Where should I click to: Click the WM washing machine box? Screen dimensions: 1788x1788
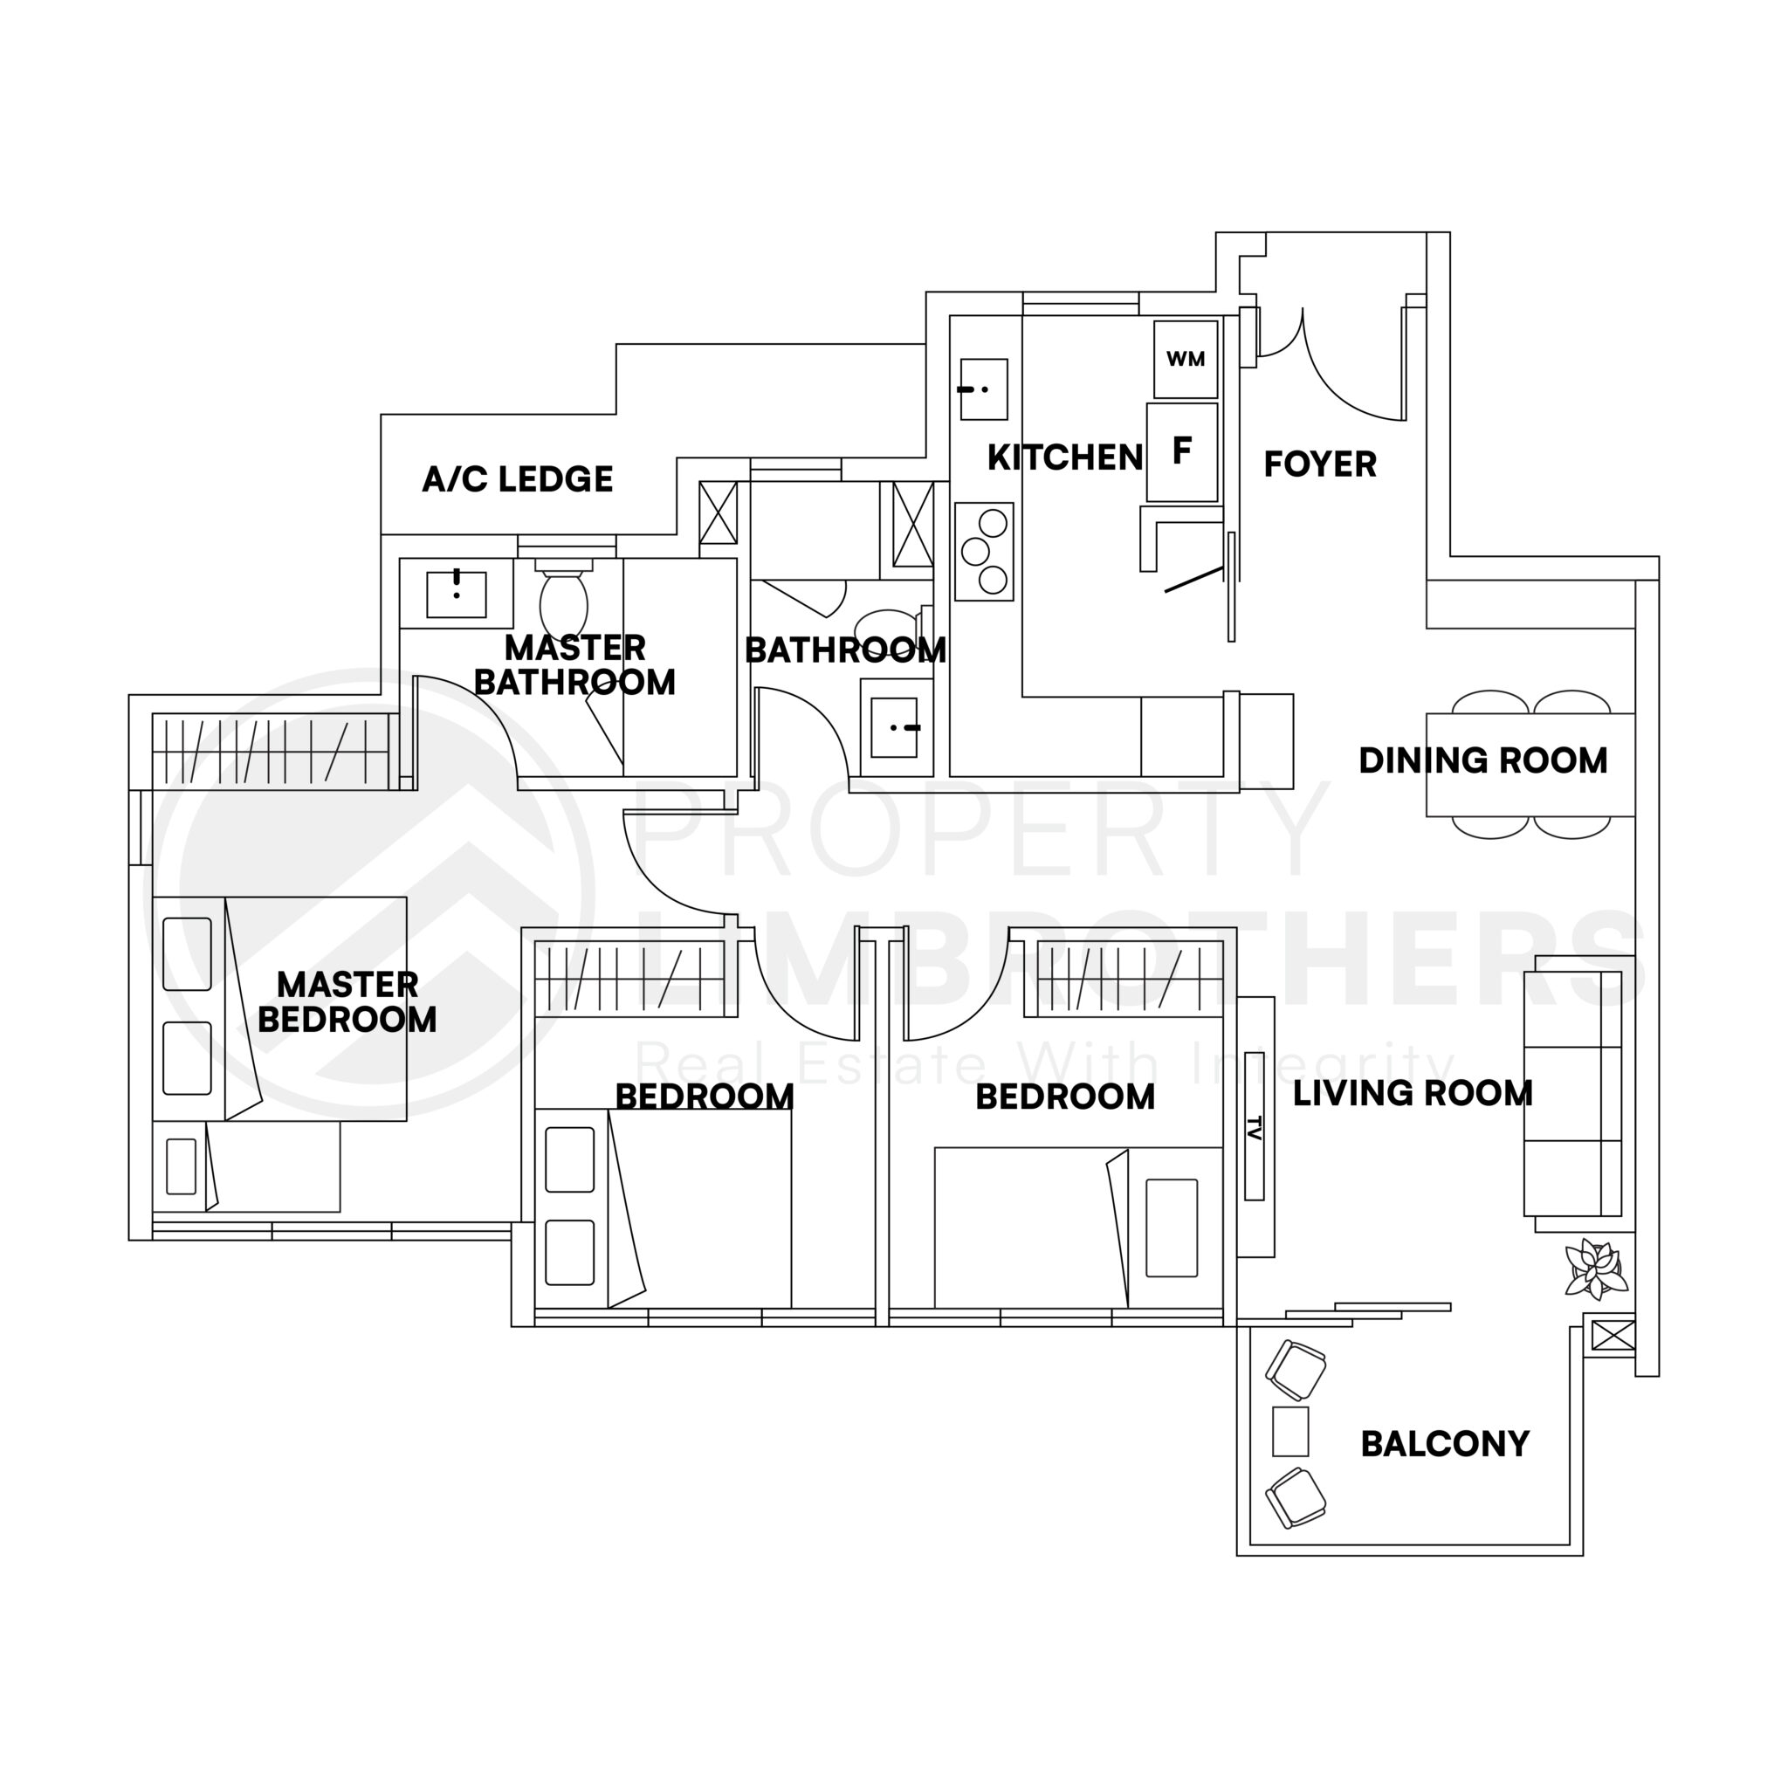[x=1185, y=359]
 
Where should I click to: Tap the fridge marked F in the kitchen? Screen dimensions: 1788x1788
[x=1182, y=452]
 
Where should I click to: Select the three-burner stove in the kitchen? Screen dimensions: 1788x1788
[x=984, y=552]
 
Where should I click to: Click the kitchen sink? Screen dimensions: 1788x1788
[x=983, y=389]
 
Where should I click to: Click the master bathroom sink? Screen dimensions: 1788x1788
[x=457, y=593]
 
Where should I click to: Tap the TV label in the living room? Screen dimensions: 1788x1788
[x=1254, y=1125]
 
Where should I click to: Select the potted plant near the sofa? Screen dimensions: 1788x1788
[x=1594, y=1269]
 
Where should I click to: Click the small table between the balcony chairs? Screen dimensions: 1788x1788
[x=1290, y=1431]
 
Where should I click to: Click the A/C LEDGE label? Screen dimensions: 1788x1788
[x=518, y=479]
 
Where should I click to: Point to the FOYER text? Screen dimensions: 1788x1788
[x=1320, y=464]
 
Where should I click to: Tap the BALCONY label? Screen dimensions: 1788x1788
[x=1445, y=1444]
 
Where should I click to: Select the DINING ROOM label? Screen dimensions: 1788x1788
[x=1482, y=760]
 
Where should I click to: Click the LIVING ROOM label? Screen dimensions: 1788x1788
[x=1413, y=1094]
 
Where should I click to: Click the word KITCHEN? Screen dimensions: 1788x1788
[x=1064, y=457]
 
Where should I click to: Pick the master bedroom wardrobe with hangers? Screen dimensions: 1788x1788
[x=275, y=752]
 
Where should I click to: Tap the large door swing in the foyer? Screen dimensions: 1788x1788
[x=1353, y=370]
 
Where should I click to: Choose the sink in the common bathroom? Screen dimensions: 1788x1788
[x=894, y=727]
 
